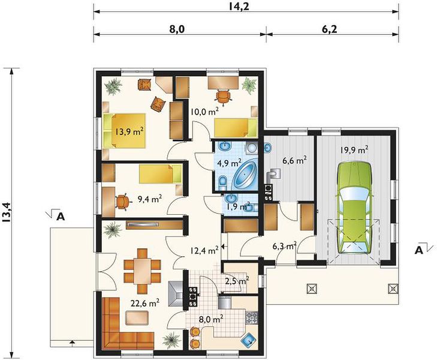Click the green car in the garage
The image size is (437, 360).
(x=354, y=208)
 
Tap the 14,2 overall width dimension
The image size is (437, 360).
(x=239, y=6)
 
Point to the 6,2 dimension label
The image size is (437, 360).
(x=329, y=28)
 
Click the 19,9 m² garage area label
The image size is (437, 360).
(x=354, y=150)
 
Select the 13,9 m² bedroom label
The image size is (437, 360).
(x=129, y=131)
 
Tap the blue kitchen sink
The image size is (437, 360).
(x=249, y=339)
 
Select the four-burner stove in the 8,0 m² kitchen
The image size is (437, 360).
(x=252, y=317)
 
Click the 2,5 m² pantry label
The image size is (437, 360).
(x=237, y=280)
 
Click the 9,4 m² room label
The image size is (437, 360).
(x=150, y=199)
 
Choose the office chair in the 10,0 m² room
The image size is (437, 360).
(x=223, y=95)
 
